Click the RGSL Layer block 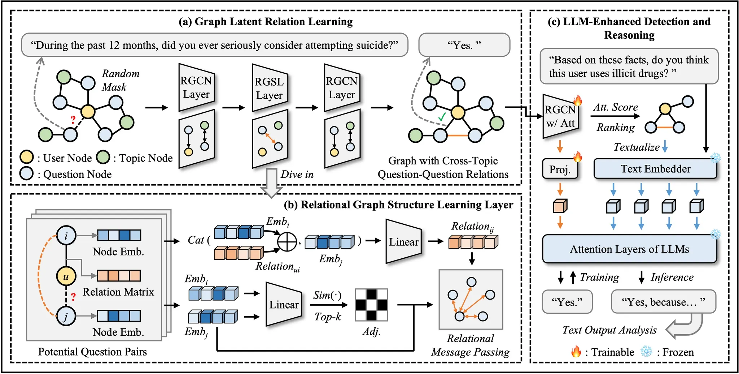click(x=270, y=88)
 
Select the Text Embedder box click(x=655, y=169)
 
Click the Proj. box click(x=560, y=169)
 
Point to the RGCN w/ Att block click(x=560, y=116)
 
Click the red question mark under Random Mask click(x=73, y=120)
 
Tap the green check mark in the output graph click(x=442, y=117)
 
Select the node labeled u click(x=66, y=276)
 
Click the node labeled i click(x=66, y=236)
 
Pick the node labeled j click(x=66, y=317)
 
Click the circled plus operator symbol click(x=287, y=241)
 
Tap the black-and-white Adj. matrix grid click(x=371, y=305)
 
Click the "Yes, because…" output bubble click(x=663, y=301)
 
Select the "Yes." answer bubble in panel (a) click(x=464, y=45)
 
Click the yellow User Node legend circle click(x=27, y=157)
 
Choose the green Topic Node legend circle click(x=103, y=157)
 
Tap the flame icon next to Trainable click(x=576, y=351)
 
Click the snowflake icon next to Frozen click(x=646, y=351)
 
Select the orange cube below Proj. click(x=560, y=206)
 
